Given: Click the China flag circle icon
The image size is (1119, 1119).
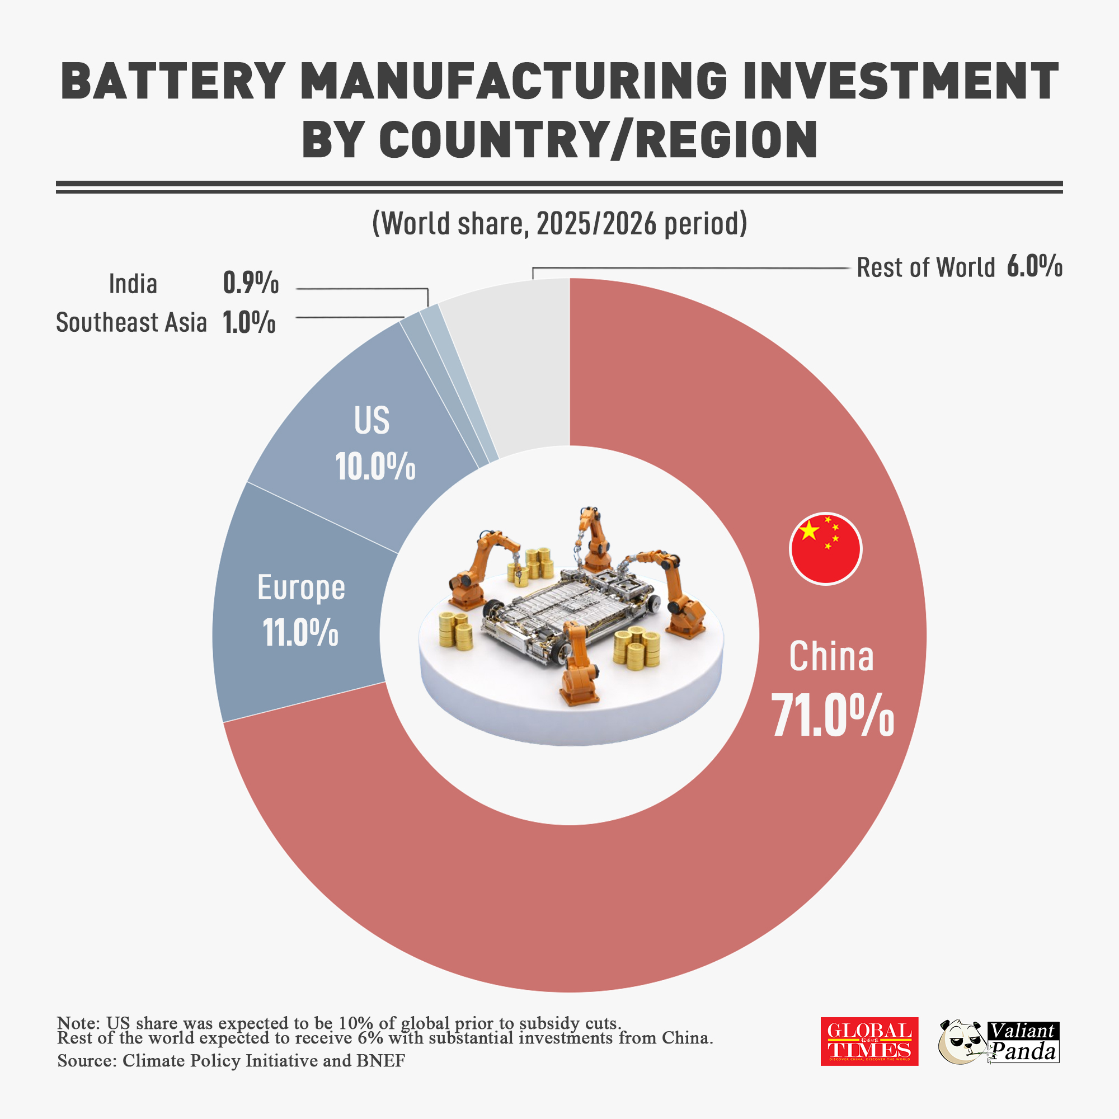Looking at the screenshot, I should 825,548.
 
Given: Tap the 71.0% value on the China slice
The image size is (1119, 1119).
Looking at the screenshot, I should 833,716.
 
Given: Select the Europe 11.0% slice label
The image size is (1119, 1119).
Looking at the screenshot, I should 300,610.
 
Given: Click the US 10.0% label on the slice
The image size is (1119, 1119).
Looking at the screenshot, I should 375,444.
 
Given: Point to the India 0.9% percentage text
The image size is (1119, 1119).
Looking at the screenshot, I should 251,284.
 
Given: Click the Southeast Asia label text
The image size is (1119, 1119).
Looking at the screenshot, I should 131,323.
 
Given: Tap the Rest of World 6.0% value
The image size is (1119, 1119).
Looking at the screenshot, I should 1034,267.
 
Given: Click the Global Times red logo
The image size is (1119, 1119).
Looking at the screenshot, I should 869,1041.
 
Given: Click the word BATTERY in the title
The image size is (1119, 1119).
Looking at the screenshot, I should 172,82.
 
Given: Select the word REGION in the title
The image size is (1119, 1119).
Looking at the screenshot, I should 727,140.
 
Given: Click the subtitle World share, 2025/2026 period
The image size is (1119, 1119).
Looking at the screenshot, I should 559,224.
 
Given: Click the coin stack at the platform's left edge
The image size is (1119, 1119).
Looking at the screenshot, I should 455,631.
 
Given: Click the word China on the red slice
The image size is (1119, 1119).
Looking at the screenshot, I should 831,657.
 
